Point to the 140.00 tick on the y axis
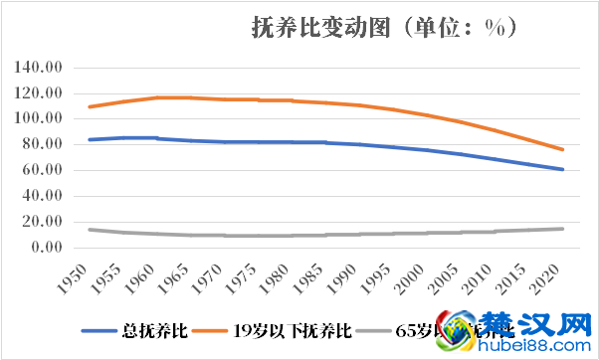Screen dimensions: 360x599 (41, 68)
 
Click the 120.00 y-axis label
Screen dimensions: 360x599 (41, 93)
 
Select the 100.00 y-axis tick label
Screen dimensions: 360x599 (41, 119)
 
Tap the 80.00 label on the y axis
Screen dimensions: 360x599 (44, 145)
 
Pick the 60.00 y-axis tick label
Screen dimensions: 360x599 (44, 171)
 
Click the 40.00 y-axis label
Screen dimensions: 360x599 (44, 197)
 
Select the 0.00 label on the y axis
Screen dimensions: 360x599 (48, 248)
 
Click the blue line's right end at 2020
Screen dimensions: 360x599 (563, 169)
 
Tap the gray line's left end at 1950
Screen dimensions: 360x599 (90, 230)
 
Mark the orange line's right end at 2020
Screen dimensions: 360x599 (563, 149)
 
